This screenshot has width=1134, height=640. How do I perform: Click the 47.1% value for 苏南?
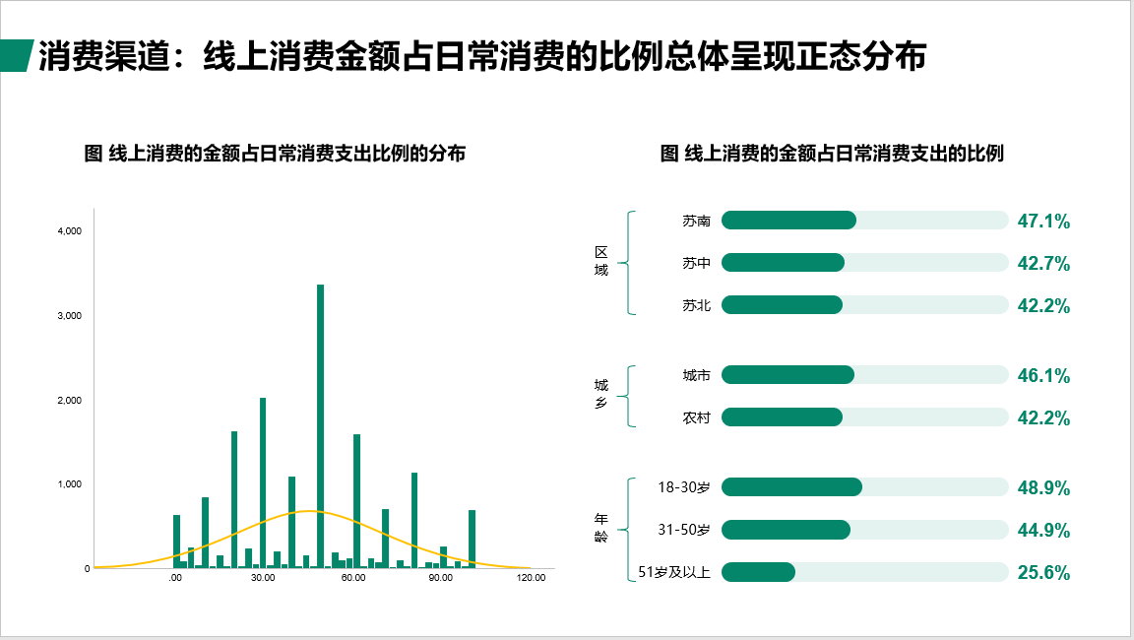click(x=1042, y=221)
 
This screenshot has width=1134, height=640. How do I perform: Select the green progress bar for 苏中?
click(x=783, y=263)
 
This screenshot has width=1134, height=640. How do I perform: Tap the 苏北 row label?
click(x=697, y=305)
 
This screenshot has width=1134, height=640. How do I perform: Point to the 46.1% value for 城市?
click(x=1042, y=375)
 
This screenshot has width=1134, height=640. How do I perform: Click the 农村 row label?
click(x=697, y=417)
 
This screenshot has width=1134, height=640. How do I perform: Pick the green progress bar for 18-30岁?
click(x=791, y=486)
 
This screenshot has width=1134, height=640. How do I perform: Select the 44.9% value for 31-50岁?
click(x=1042, y=530)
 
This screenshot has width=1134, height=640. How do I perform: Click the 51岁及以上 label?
click(x=674, y=572)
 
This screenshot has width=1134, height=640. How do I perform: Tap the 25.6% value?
click(x=1042, y=572)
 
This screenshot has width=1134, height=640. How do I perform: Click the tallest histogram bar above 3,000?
click(x=320, y=426)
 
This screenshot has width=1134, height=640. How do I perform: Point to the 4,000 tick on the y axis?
click(x=70, y=230)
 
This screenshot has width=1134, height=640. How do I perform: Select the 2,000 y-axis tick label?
click(x=70, y=400)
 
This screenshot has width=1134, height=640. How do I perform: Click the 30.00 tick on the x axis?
click(x=263, y=577)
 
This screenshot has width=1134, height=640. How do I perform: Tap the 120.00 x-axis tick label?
click(x=531, y=577)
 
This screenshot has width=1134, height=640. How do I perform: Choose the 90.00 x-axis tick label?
click(x=440, y=577)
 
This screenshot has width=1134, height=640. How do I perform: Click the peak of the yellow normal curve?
click(x=309, y=511)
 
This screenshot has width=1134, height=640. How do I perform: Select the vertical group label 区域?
click(x=601, y=261)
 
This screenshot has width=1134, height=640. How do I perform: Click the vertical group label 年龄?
click(x=601, y=527)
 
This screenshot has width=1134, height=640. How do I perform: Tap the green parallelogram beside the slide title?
click(x=17, y=56)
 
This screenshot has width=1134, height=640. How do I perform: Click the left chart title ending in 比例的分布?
click(x=275, y=154)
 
